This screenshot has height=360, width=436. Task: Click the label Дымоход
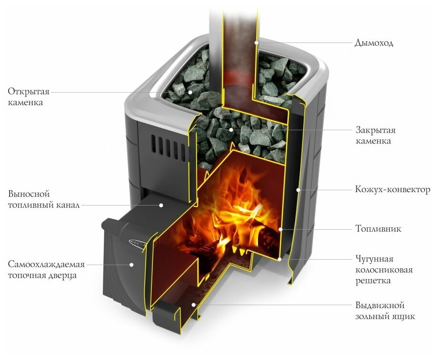[374, 43]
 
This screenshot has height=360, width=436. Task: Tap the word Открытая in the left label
[29, 91]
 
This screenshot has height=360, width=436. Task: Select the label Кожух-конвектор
[393, 190]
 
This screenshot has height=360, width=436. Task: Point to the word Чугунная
[374, 259]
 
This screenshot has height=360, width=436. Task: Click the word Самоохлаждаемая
[46, 264]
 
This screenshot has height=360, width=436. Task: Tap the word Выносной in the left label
[29, 195]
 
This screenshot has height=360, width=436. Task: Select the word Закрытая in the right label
[376, 130]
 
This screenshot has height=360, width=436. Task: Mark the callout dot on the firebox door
[132, 264]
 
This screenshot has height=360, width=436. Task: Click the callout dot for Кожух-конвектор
[298, 190]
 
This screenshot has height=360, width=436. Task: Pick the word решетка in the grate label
[373, 281]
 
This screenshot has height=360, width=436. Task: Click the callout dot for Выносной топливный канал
[161, 205]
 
